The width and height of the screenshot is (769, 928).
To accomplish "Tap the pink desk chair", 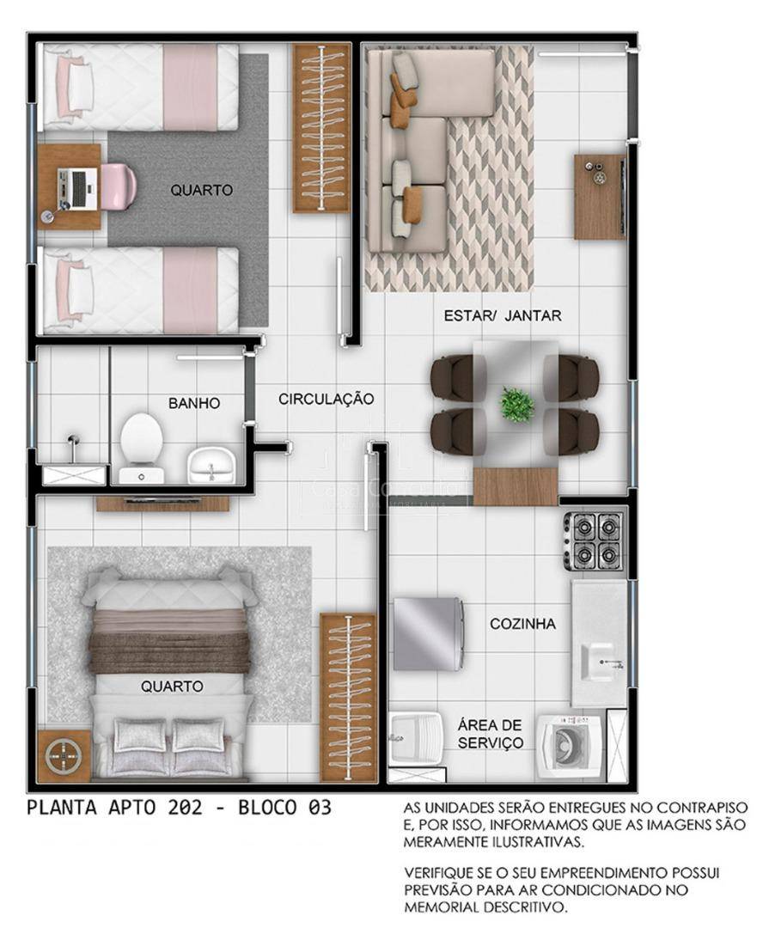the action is click(119, 186).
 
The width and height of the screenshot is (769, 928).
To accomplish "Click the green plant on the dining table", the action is click(517, 405).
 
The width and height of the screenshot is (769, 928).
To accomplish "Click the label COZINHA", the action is click(522, 624).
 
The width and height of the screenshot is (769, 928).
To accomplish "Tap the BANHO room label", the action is click(194, 404).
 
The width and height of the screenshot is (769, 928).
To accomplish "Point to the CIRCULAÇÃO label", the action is click(327, 399).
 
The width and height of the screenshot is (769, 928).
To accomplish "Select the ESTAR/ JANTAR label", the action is click(503, 315).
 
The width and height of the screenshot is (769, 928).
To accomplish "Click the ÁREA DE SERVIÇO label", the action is click(490, 734).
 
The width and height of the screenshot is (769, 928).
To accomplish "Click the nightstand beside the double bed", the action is click(64, 756).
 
